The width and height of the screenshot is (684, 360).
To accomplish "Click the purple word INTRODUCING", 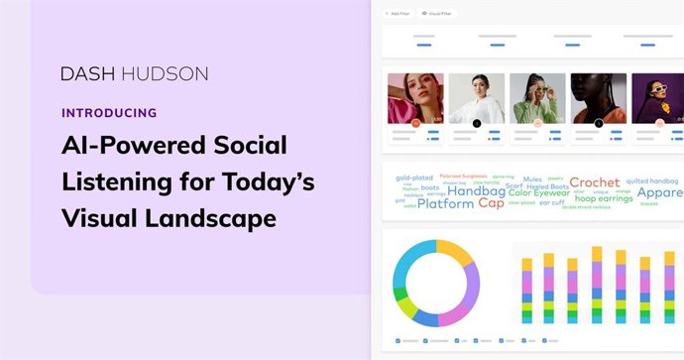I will pos(108,113).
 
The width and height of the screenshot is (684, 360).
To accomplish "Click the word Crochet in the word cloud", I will pos(594,182).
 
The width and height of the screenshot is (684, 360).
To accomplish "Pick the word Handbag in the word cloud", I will pos(476,192).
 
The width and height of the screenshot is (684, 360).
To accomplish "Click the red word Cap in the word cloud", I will pos(491,203).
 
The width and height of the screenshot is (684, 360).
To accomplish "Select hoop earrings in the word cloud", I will pos(604,198).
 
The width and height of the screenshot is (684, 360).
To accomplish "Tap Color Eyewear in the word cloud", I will pos(539,192).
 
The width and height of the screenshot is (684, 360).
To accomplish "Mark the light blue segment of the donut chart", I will pos(404,266).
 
